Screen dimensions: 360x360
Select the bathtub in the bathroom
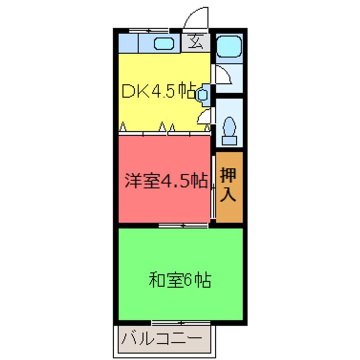pos(229,48)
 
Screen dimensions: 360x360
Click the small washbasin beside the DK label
pos(202,94)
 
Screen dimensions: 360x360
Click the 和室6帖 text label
pos(179,279)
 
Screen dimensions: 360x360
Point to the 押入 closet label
pos(229,184)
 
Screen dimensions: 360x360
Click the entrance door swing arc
pos(194,19)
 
